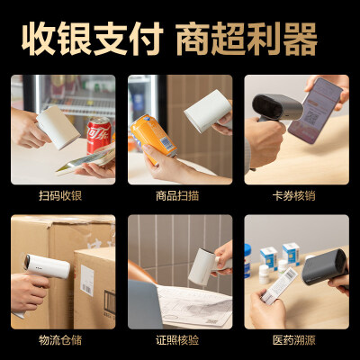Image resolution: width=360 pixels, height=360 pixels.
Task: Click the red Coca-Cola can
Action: click(x=99, y=135)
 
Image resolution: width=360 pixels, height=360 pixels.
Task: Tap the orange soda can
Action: click(x=154, y=138)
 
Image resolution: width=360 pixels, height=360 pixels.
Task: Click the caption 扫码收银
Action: click(x=60, y=196)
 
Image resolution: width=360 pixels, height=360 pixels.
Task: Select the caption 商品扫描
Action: click(x=177, y=196)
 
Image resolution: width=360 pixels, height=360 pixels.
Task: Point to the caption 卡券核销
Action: click(x=294, y=196)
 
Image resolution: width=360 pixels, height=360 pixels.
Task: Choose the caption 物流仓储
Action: click(x=60, y=340)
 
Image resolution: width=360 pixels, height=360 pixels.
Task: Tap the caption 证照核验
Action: click(x=177, y=340)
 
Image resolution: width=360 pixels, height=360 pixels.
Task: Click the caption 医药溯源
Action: click(x=294, y=340)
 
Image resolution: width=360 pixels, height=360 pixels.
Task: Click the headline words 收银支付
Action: click(x=92, y=39)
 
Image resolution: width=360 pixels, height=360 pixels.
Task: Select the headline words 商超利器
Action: click(x=247, y=39)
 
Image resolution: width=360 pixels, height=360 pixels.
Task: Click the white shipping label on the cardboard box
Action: click(x=87, y=281)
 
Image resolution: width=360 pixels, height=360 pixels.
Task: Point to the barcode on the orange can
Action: click(x=166, y=144)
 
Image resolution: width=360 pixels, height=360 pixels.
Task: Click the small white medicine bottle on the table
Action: click(x=264, y=274)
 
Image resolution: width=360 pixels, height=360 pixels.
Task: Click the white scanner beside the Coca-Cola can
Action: click(x=58, y=127)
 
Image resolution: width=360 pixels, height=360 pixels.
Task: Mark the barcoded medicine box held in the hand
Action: click(x=279, y=285)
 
